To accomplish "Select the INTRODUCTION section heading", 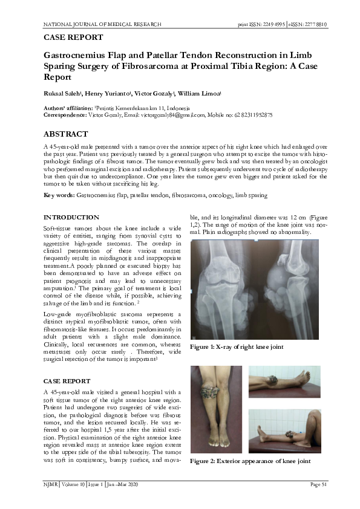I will click(x=73, y=217).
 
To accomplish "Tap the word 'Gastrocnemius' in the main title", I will click(x=81, y=54).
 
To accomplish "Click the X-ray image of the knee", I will click(x=259, y=290).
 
